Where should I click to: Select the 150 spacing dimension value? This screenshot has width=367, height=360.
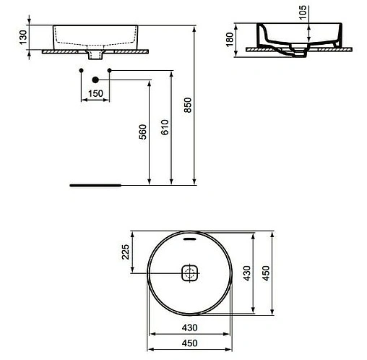95,93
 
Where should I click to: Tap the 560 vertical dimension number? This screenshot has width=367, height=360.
143,133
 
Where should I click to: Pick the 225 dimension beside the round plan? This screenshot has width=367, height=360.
125,252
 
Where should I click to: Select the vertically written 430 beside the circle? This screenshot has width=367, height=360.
248,273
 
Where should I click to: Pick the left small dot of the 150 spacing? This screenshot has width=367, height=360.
81,69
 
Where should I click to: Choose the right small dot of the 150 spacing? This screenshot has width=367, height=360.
108,69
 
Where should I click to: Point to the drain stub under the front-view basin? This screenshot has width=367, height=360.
94,54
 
